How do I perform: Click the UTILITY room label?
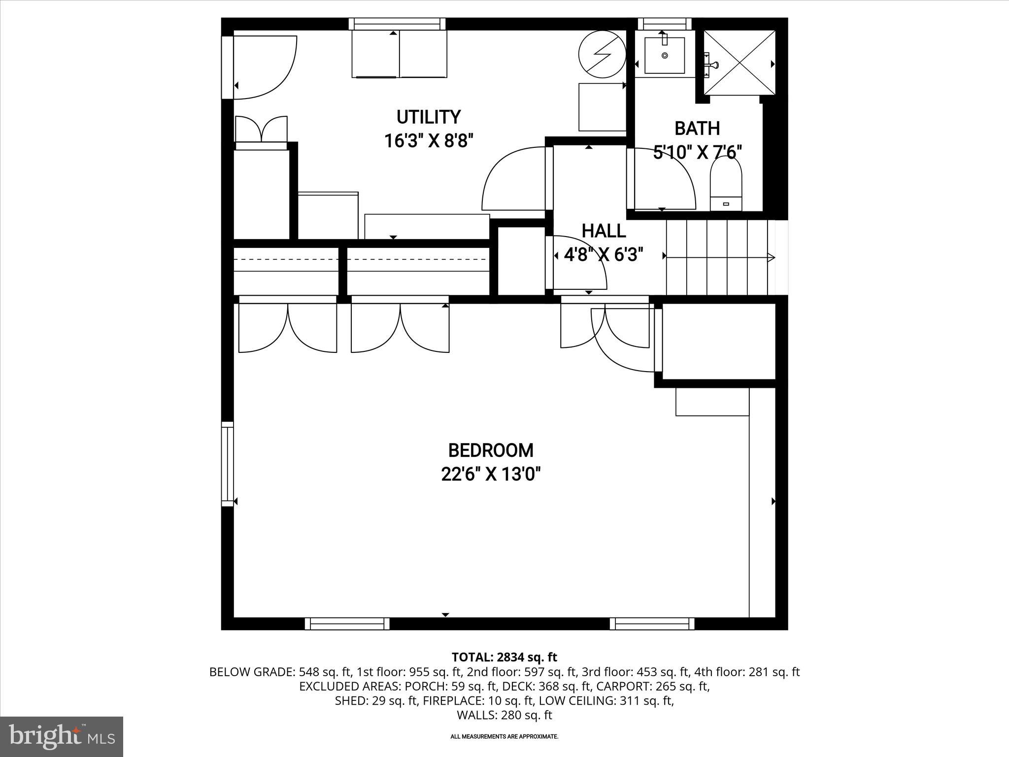[429, 117]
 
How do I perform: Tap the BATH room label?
[697, 129]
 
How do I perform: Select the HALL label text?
[604, 231]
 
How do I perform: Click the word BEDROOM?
[491, 450]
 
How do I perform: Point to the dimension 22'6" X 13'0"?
[491, 475]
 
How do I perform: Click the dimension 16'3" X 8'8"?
[429, 141]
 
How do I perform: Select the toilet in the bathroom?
[726, 185]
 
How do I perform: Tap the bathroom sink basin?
[665, 55]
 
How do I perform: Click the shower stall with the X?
[739, 62]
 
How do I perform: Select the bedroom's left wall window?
[227, 464]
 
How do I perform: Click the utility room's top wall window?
[397, 24]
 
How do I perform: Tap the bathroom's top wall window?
[665, 24]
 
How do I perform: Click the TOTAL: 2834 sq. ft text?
[504, 657]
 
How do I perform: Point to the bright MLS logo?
[61, 736]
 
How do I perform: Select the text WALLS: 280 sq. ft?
[504, 715]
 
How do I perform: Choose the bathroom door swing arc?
[665, 180]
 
